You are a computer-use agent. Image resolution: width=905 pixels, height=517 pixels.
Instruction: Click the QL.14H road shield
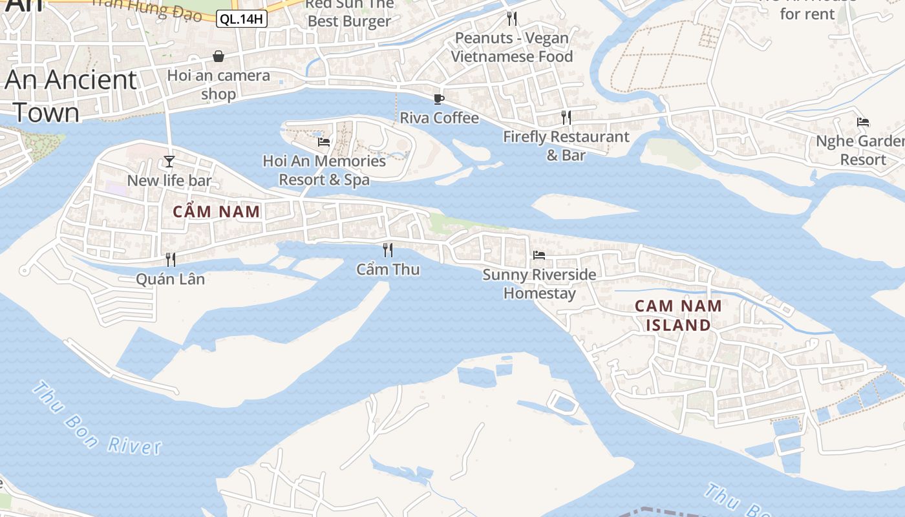click(x=241, y=19)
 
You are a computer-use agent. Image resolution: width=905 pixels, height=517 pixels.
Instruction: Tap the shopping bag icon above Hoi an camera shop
click(x=218, y=56)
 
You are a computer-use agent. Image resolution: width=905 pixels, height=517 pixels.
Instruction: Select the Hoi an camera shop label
click(x=218, y=85)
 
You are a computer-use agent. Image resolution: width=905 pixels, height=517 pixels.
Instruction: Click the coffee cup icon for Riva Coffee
click(x=439, y=99)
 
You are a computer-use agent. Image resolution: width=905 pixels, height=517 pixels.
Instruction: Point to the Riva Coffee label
click(x=439, y=118)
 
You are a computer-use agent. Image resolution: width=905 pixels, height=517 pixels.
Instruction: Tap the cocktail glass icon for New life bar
click(x=169, y=161)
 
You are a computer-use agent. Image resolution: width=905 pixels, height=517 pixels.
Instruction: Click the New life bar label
click(x=169, y=180)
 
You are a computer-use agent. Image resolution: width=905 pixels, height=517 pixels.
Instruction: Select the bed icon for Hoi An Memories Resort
click(x=324, y=142)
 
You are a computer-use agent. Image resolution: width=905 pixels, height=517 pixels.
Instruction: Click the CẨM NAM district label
click(x=217, y=211)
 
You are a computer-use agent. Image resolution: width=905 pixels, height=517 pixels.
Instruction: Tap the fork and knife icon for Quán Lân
click(x=171, y=259)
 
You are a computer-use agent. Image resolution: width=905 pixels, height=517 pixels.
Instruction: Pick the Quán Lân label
click(x=170, y=279)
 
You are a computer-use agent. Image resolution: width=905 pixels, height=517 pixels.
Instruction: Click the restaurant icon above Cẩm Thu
click(x=388, y=249)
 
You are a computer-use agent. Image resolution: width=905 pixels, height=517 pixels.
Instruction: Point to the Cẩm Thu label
click(x=388, y=269)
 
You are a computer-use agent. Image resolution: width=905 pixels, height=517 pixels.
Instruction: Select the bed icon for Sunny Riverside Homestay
click(x=539, y=255)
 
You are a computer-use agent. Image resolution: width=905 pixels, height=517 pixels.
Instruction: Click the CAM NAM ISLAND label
click(x=678, y=315)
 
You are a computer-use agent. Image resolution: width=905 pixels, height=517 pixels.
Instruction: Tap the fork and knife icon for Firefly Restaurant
click(x=566, y=117)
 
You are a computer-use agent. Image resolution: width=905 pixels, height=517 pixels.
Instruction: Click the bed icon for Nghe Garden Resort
click(x=863, y=121)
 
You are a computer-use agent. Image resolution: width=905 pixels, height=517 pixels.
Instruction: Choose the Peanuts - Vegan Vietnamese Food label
click(x=512, y=47)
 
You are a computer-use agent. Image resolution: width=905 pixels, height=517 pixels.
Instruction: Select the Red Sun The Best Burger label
click(x=349, y=12)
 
